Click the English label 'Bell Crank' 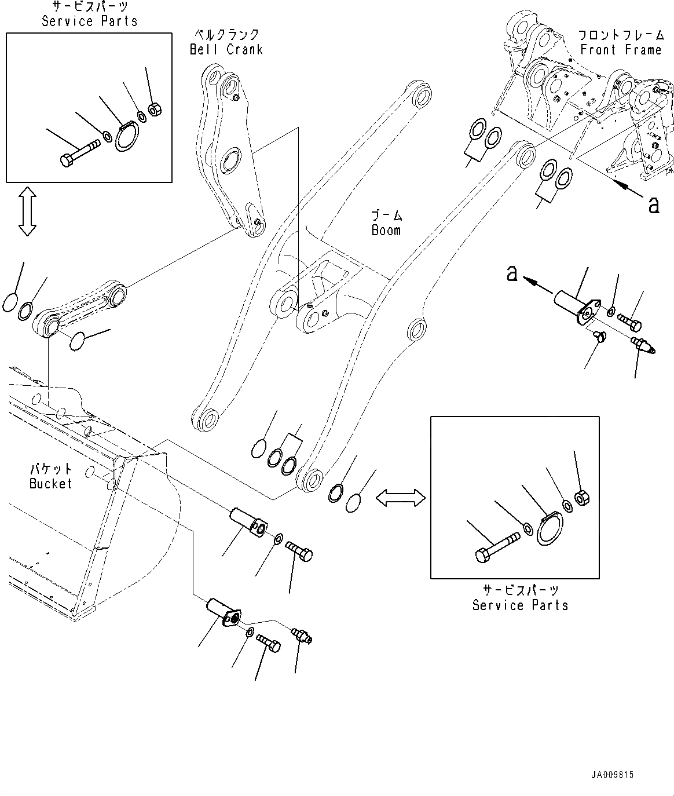click(226, 50)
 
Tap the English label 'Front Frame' click(621, 50)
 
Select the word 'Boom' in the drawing click(386, 230)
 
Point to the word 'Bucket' click(51, 483)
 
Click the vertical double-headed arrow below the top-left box click(27, 211)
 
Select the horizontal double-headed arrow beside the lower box click(401, 497)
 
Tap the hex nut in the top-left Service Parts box click(155, 108)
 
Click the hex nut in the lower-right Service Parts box click(581, 497)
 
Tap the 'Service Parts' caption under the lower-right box click(520, 605)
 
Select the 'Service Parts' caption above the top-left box click(90, 21)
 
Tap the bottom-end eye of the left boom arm click(207, 419)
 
